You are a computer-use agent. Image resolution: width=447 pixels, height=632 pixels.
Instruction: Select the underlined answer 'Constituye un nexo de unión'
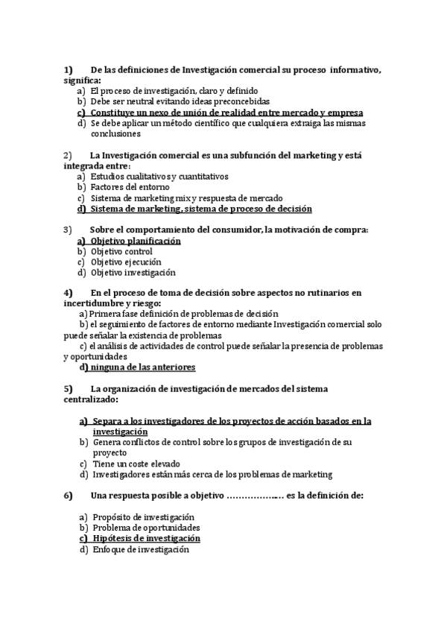pos(226,112)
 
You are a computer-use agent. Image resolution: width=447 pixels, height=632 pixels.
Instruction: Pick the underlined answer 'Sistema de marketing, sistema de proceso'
pos(201,209)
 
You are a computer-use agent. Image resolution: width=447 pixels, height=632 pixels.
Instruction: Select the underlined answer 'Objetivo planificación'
pos(136,241)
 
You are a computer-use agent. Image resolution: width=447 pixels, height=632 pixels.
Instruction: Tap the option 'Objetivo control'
pos(121,252)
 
